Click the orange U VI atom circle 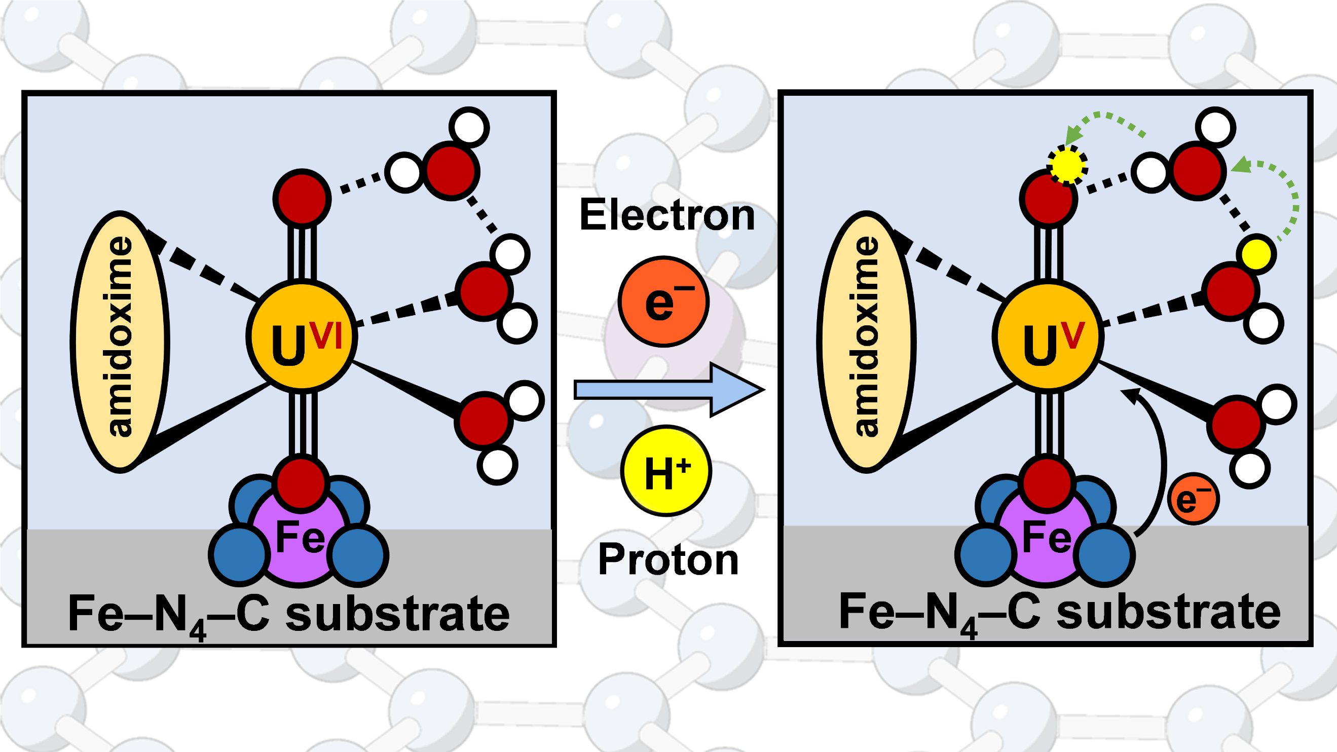[302, 336]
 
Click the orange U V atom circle [1048, 336]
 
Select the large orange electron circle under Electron [664, 302]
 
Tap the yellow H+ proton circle [666, 471]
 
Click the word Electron [667, 215]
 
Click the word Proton [668, 559]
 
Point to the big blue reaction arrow [668, 389]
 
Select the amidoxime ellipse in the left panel [120, 342]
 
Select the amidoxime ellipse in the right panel [866, 342]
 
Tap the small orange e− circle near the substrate [1194, 499]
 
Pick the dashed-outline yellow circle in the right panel [1067, 165]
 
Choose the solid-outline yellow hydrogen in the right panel [1256, 254]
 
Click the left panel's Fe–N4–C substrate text [288, 615]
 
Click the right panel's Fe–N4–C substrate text [1060, 613]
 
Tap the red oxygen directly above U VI [302, 198]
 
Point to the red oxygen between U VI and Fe [301, 482]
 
